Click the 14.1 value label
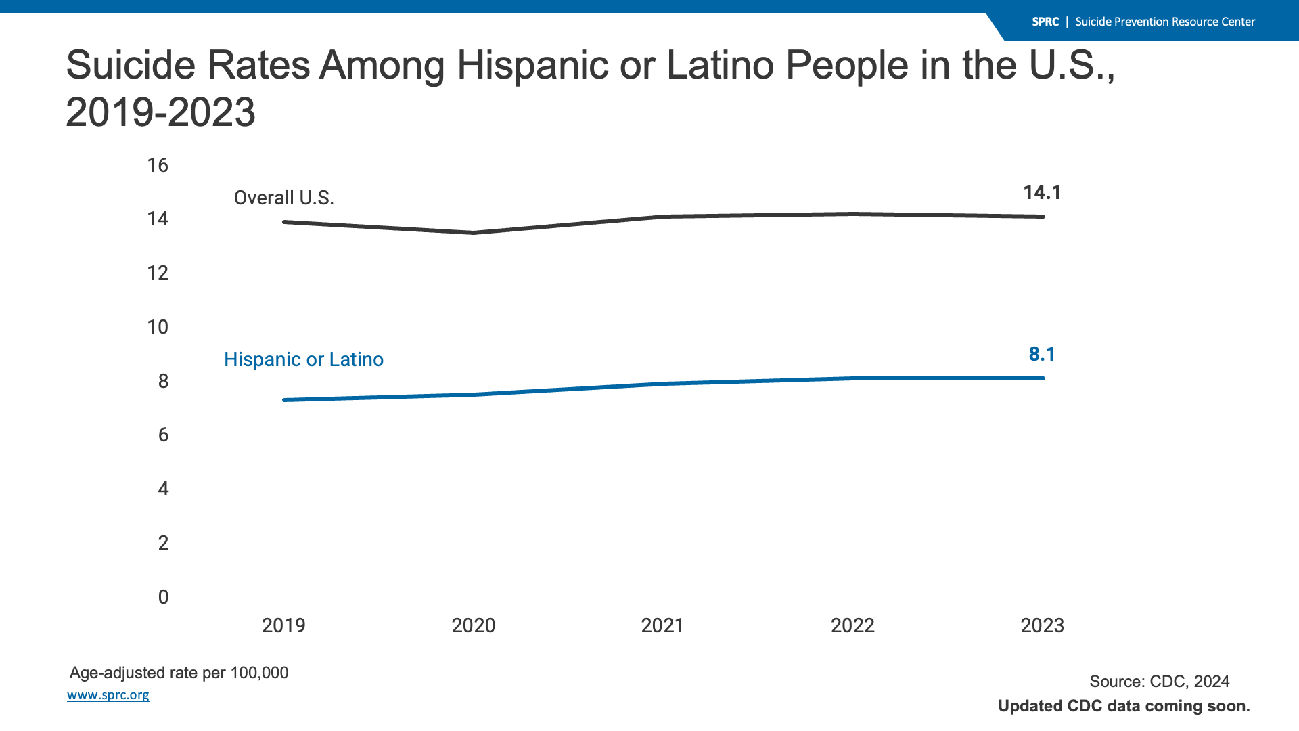coord(1042,193)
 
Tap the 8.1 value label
coord(1042,355)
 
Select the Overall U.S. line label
coord(283,198)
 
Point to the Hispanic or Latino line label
coord(303,359)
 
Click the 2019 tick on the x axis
coord(283,625)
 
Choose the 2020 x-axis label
coord(474,625)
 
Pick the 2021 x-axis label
coord(662,625)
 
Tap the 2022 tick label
coord(852,625)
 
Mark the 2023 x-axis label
coord(1042,625)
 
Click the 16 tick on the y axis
coord(158,165)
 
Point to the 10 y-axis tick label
coord(158,328)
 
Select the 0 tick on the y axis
coord(163,597)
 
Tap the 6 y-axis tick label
coord(163,435)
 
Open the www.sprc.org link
coord(108,695)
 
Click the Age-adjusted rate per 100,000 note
coord(179,673)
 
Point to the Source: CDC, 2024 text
coord(1159,682)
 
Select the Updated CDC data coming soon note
coord(1124,706)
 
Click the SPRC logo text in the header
coord(1045,22)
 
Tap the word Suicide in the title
coord(129,66)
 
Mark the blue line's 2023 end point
coord(1043,378)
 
